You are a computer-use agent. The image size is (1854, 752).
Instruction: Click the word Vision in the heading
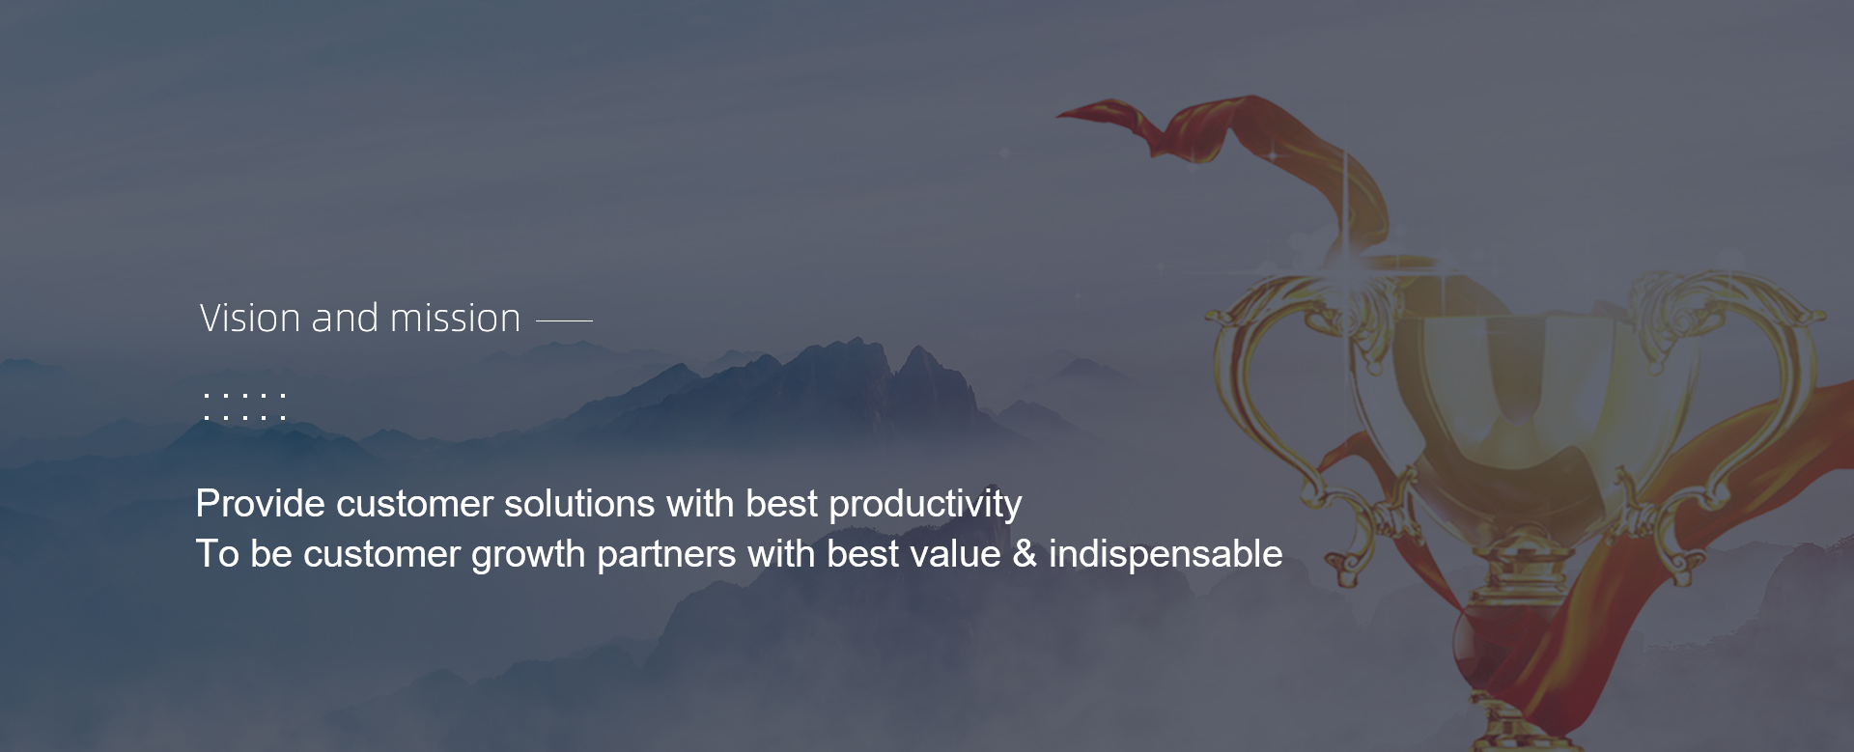coord(250,319)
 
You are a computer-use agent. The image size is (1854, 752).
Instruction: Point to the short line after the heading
coord(564,320)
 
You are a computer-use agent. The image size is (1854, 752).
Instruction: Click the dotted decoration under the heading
coord(244,406)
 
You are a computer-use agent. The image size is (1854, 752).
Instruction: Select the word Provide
coord(261,504)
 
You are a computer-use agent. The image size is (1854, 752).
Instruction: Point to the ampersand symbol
coord(1025,554)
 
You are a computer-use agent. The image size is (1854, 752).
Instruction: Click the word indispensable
coord(1166,554)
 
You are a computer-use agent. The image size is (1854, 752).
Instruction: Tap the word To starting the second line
coord(217,554)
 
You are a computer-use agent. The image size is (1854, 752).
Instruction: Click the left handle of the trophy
coord(1255,405)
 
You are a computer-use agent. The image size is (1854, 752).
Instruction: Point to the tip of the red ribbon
coord(1058,115)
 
